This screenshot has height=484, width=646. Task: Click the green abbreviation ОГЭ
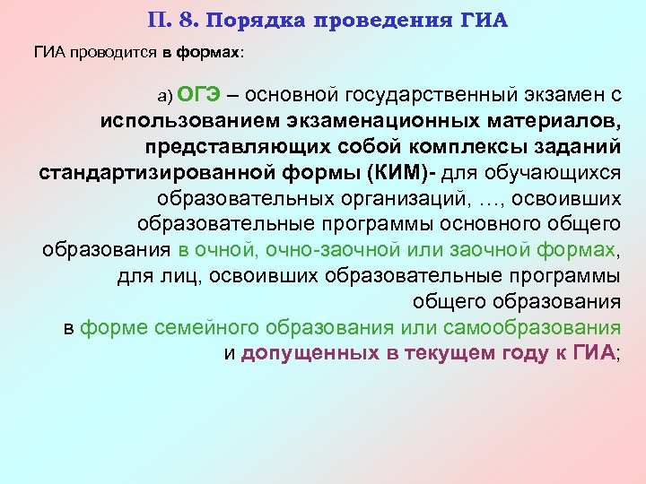tap(196, 95)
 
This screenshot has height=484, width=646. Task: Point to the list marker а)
tap(165, 97)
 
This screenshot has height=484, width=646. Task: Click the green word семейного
tap(196, 326)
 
